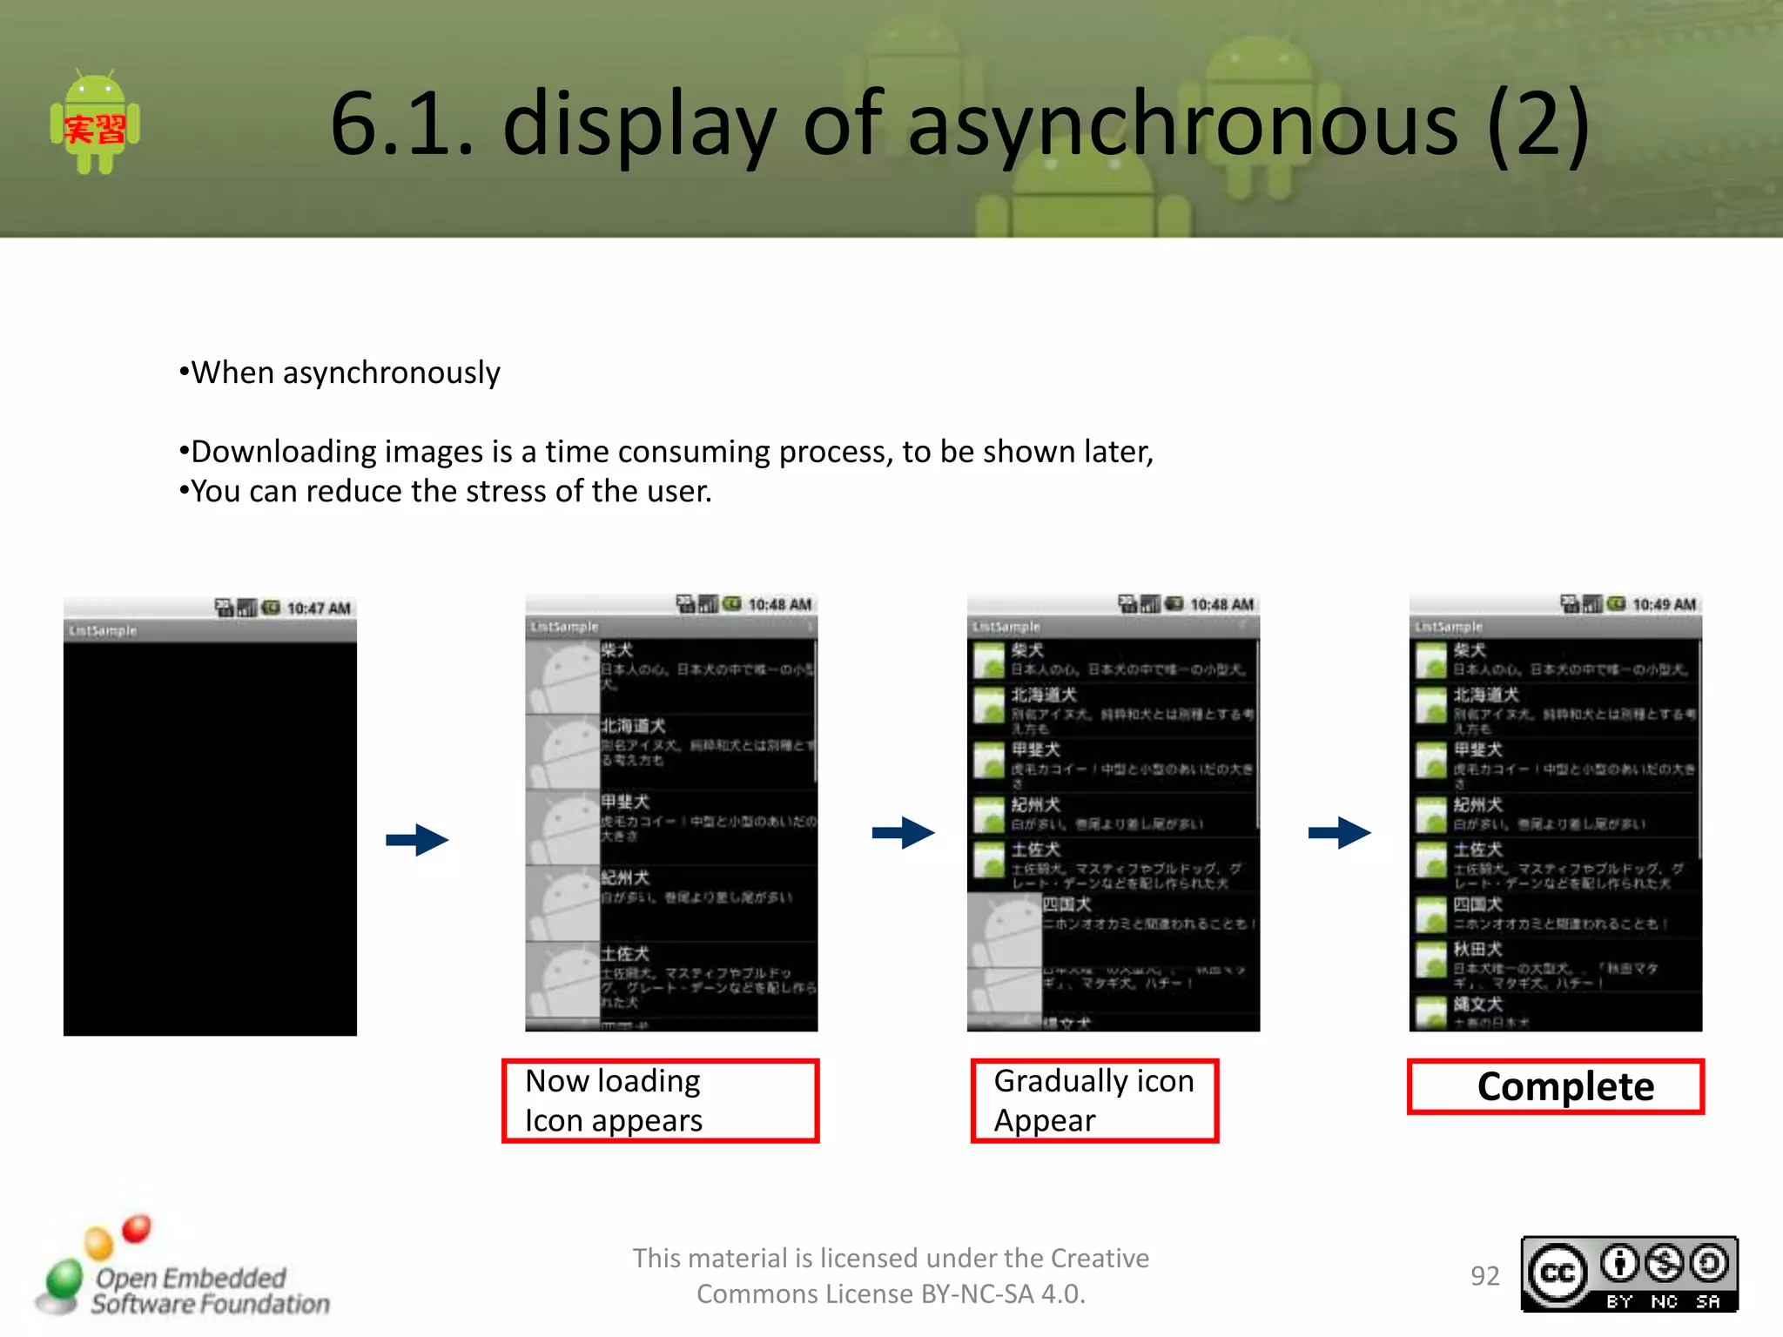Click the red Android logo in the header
tap(95, 124)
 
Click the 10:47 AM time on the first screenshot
tap(319, 608)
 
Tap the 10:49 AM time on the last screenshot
tap(1664, 605)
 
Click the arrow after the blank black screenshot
tap(417, 840)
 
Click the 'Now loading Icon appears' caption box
tap(660, 1100)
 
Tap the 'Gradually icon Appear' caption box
tap(1094, 1100)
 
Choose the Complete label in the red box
tap(1564, 1086)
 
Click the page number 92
tap(1484, 1276)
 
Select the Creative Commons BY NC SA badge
tap(1629, 1274)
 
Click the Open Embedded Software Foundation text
tap(209, 1291)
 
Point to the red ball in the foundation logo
tap(137, 1228)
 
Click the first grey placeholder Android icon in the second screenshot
tap(562, 677)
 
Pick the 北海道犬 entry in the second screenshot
tap(633, 726)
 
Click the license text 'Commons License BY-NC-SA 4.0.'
tap(891, 1294)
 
